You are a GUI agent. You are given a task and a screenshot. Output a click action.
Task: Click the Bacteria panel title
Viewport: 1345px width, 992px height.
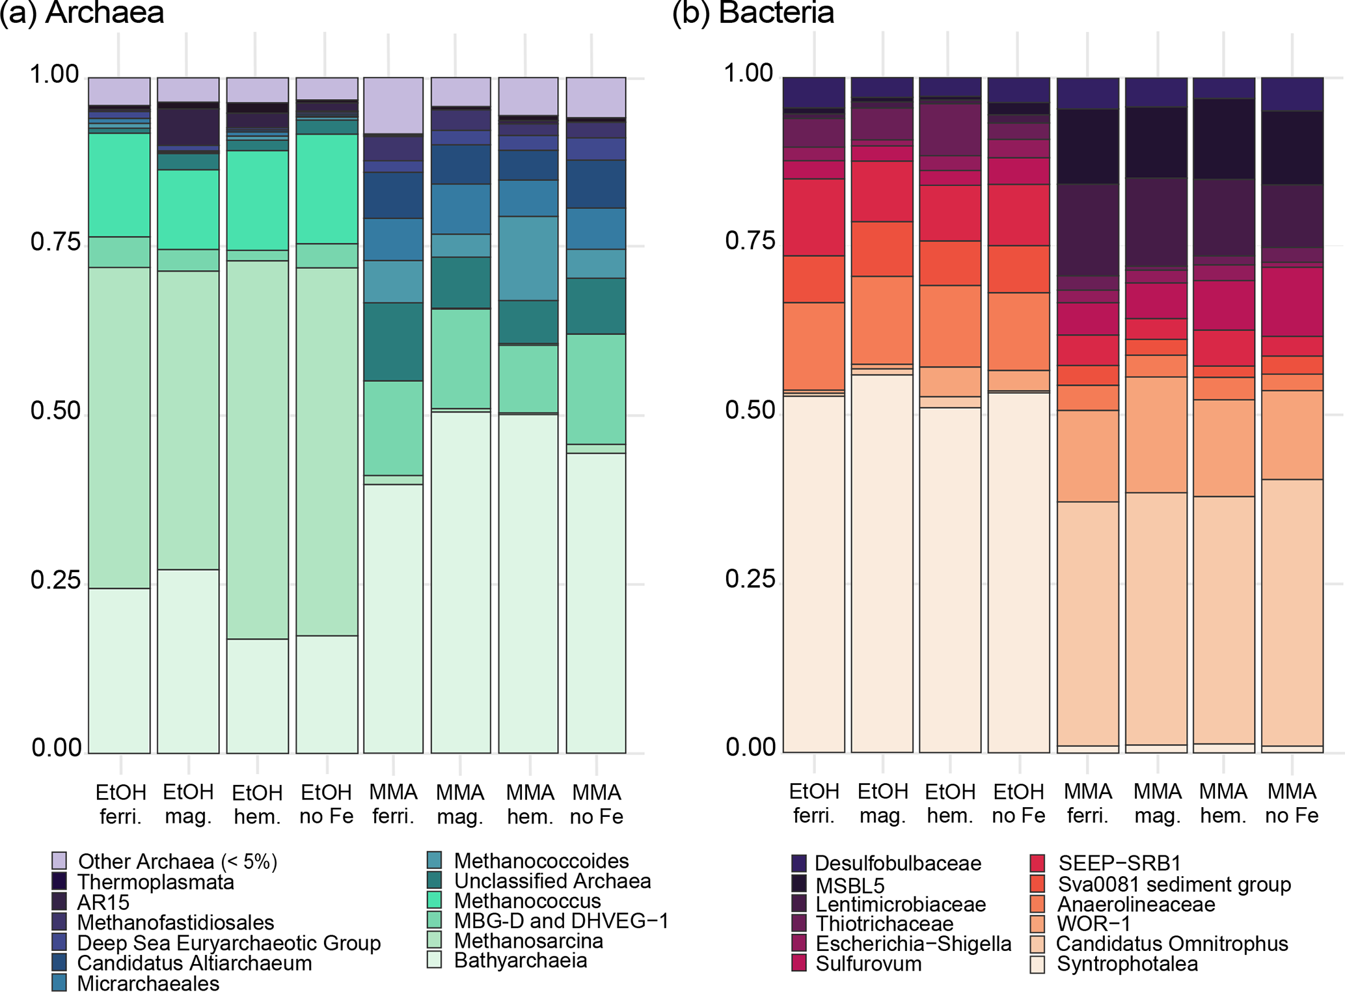pos(753,13)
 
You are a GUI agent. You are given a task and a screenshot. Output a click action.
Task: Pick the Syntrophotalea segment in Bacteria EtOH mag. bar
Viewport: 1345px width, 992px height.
pos(882,563)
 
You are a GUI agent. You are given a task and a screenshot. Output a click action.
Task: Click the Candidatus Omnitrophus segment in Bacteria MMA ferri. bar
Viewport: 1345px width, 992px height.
pos(1087,623)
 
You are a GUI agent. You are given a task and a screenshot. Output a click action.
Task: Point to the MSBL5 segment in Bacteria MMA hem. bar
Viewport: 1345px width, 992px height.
pos(1223,139)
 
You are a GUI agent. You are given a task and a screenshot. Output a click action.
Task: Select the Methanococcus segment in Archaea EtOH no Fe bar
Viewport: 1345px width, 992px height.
pos(327,189)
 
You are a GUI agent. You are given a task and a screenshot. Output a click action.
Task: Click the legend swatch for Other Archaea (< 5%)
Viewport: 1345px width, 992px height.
pos(59,861)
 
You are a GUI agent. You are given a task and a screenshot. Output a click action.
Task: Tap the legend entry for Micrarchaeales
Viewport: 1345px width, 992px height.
pos(148,983)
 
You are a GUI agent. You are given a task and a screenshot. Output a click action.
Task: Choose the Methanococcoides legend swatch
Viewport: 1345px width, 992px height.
pos(435,860)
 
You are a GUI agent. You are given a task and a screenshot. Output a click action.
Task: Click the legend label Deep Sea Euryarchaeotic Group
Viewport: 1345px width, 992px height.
pos(228,943)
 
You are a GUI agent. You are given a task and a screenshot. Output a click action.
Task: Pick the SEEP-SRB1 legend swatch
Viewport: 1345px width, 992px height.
pos(1037,863)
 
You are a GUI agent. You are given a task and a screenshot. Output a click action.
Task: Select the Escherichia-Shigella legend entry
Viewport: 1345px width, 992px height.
pos(913,943)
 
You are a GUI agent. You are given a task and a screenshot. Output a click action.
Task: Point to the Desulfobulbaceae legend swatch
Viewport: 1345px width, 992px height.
pos(800,863)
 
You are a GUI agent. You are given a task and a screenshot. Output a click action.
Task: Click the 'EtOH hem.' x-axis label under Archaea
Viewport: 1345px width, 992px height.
pos(257,805)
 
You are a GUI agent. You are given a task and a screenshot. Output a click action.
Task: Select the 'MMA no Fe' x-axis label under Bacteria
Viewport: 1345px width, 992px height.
pos(1292,803)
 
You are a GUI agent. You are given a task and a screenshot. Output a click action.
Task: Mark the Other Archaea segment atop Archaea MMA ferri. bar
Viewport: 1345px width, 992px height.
pos(393,105)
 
